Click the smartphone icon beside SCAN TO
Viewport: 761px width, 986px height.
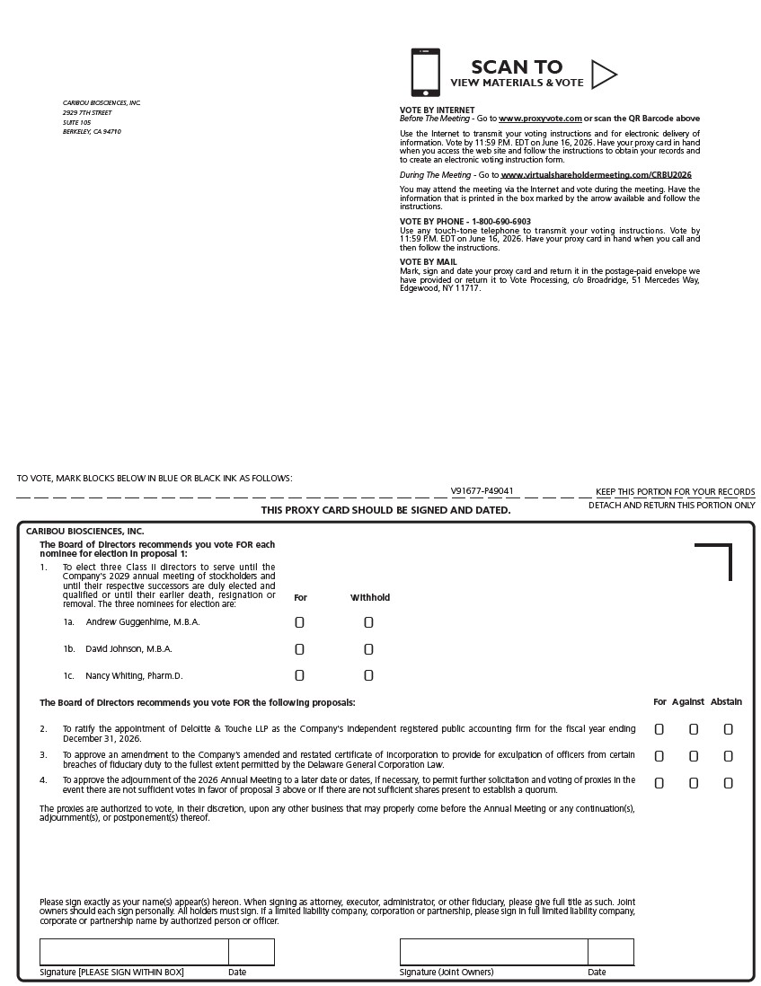click(x=426, y=72)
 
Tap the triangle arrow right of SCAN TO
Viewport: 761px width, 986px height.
click(x=603, y=75)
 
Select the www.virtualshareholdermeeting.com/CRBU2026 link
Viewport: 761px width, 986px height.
click(x=596, y=174)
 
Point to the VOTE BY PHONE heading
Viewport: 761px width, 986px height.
click(x=465, y=221)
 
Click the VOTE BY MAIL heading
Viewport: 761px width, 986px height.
click(x=429, y=262)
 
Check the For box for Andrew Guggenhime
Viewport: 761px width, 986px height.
click(x=300, y=622)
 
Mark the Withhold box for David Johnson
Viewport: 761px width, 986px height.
click(x=368, y=649)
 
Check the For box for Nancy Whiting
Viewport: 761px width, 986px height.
click(x=300, y=675)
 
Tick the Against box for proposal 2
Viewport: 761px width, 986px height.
click(x=694, y=730)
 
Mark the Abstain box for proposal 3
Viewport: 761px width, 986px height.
click(x=728, y=756)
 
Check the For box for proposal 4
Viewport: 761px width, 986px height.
click(x=659, y=783)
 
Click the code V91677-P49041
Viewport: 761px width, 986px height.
click(x=482, y=491)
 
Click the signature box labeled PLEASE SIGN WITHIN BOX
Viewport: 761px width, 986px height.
click(x=134, y=952)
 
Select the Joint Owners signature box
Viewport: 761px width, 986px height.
click(x=493, y=952)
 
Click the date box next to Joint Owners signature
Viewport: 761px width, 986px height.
click(x=611, y=952)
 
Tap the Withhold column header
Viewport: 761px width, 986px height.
click(x=370, y=597)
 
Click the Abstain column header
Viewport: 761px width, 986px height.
click(x=726, y=702)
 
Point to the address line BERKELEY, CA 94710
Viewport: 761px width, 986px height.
click(x=92, y=132)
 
